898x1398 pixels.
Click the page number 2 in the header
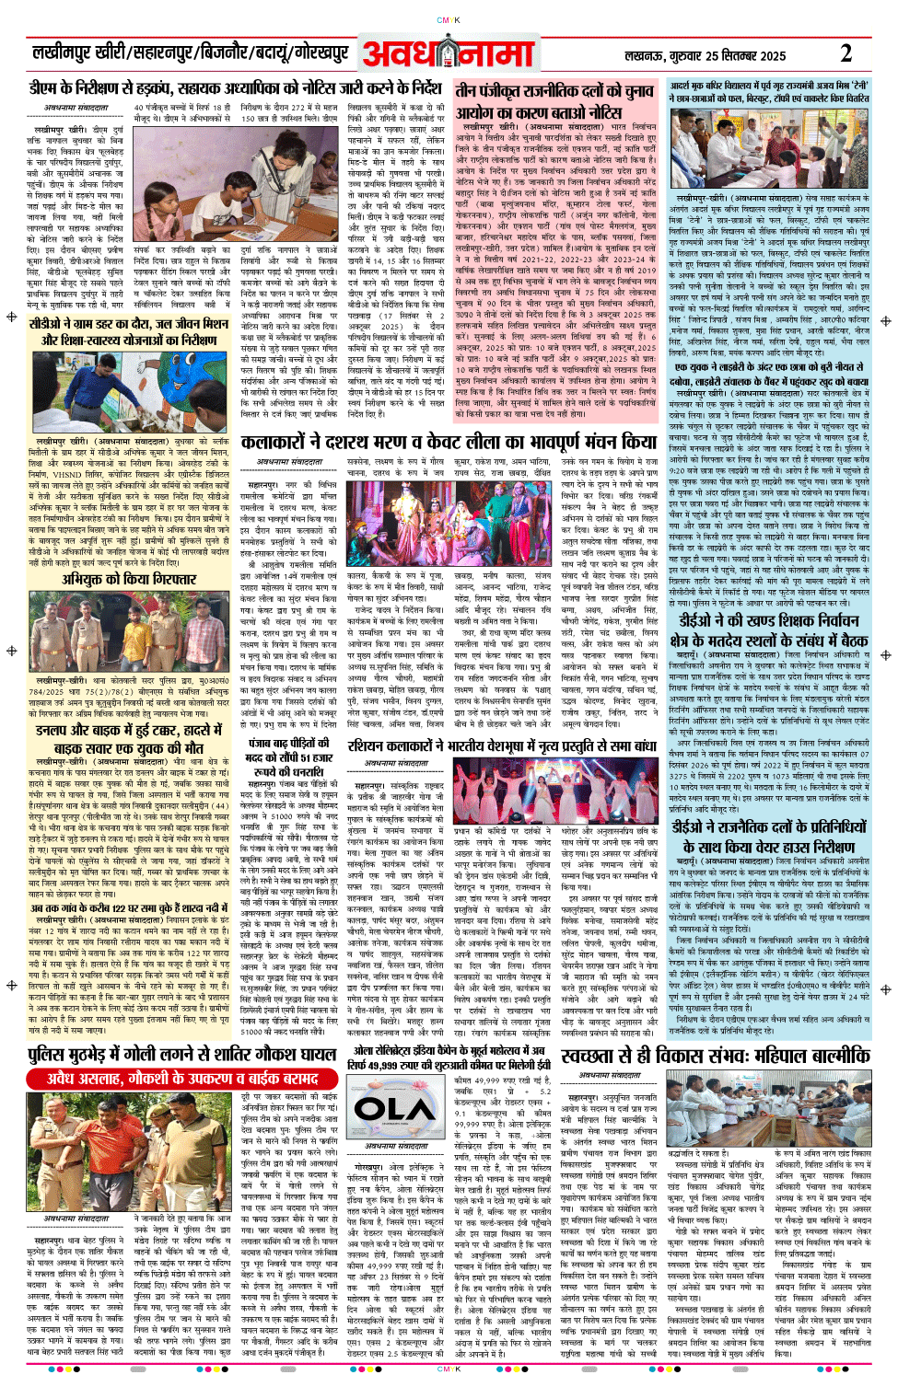point(846,53)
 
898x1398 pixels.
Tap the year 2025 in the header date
point(771,56)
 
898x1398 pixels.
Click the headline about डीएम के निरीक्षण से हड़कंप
point(235,89)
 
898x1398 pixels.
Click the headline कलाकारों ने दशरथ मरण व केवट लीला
point(449,443)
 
